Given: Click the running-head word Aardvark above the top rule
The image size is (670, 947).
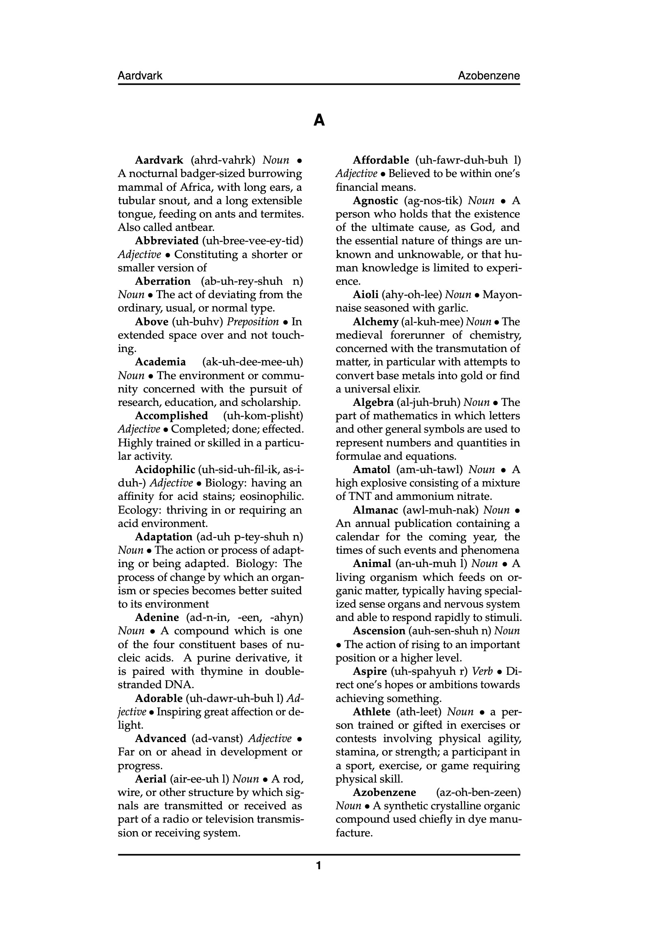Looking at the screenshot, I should coord(140,76).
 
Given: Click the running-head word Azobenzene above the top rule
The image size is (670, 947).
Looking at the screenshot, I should coord(489,76).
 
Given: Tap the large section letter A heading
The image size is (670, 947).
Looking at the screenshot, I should coord(319,120).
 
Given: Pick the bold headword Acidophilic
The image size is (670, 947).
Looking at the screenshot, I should coord(165,470).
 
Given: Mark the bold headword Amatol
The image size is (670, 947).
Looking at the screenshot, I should coord(371,470).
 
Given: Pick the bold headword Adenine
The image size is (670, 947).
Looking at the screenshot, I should coord(157,617).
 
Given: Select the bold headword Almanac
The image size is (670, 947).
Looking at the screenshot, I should coord(375,510).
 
